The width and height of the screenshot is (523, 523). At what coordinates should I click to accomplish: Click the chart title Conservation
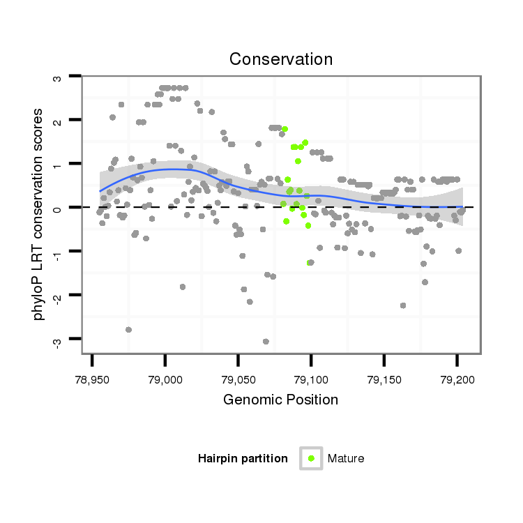[x=280, y=59]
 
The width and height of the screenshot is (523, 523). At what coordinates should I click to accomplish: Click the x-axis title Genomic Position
[x=280, y=400]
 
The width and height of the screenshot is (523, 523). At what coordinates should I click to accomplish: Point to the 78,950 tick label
[x=92, y=379]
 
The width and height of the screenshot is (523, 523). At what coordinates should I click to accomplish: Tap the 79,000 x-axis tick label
[x=165, y=379]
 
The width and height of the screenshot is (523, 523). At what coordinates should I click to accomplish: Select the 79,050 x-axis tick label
[x=238, y=379]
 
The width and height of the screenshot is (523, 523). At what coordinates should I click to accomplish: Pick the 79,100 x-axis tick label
[x=311, y=379]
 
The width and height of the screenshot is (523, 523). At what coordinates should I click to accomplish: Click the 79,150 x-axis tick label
[x=384, y=379]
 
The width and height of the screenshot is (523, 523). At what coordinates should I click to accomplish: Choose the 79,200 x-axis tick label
[x=457, y=379]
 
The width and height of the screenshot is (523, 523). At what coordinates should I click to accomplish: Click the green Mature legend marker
[x=311, y=458]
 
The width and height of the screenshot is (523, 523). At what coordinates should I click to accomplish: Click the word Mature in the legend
[x=346, y=458]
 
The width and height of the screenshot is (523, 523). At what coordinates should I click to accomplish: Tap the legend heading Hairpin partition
[x=243, y=458]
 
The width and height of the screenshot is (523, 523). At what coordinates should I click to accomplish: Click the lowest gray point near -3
[x=266, y=342]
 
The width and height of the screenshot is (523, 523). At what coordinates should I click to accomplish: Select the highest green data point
[x=285, y=129]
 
